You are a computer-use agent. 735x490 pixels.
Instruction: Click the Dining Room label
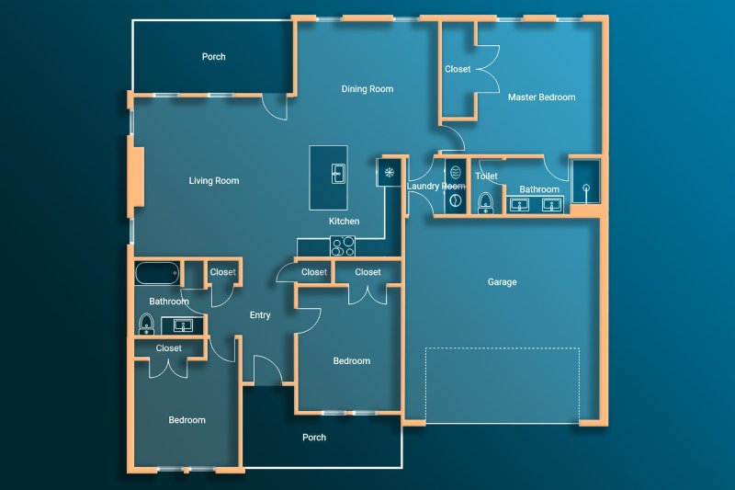367,89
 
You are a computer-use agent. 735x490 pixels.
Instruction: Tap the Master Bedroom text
542,97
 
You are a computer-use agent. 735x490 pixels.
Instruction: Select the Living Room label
214,181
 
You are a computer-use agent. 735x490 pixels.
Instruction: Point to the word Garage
502,282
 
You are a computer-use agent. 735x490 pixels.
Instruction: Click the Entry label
260,315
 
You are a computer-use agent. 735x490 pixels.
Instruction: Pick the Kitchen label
345,222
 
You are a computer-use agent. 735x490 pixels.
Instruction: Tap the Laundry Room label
436,186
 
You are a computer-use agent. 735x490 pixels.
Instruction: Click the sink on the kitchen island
337,172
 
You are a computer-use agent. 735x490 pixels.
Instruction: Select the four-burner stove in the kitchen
343,245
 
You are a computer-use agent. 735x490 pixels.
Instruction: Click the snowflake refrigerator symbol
390,172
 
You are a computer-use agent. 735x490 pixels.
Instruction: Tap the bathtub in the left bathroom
156,273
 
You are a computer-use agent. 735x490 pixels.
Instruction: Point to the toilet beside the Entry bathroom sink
145,324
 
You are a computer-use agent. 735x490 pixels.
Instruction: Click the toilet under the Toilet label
485,202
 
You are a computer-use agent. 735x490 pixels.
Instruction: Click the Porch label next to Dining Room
214,57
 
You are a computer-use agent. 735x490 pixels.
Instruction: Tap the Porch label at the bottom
314,438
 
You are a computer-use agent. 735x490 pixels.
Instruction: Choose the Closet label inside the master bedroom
458,69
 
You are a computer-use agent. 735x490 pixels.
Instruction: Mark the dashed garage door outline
502,385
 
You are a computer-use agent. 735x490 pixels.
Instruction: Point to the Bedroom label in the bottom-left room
187,420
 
